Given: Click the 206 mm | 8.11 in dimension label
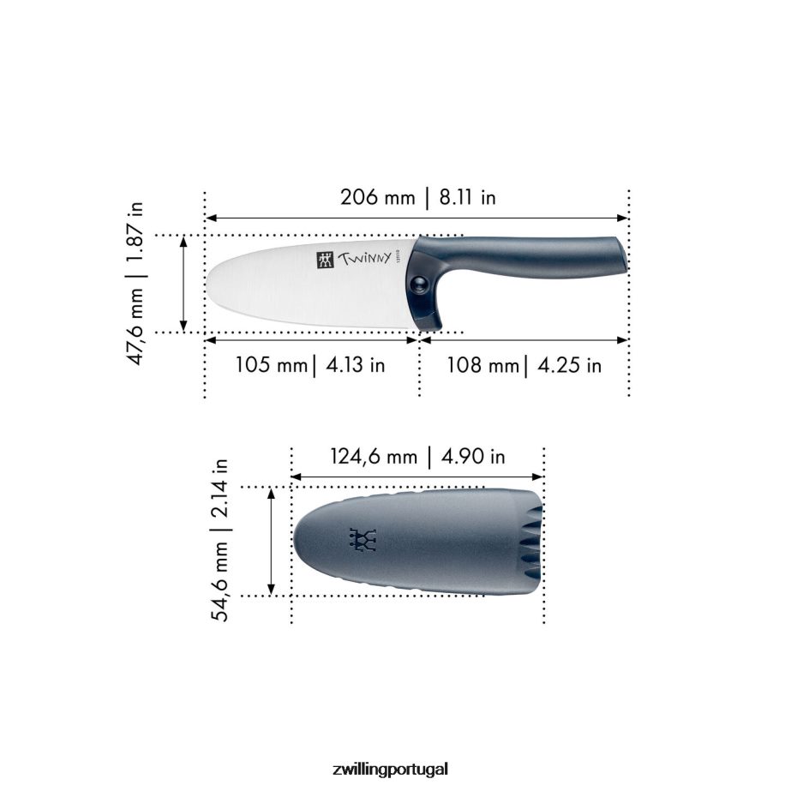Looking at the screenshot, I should pos(418,198).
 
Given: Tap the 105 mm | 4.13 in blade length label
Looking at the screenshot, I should pos(310,365).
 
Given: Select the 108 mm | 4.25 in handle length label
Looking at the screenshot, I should pos(524,365).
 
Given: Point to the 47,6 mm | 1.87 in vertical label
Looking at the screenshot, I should pos(137,284).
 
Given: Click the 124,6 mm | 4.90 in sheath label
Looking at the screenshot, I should pos(417,457).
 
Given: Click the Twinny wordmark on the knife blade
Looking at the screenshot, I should pos(364,258).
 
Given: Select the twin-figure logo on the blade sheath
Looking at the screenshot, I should pos(363,539).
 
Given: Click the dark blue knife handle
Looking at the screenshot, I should pos(531,254).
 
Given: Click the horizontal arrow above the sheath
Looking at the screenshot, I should pos(417,476).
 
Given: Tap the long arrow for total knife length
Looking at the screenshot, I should pos(417,218).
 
